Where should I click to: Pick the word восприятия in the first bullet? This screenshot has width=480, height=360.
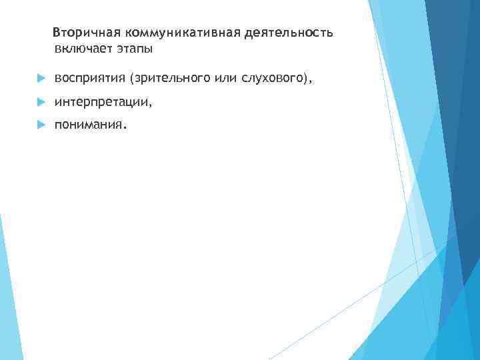point(91,79)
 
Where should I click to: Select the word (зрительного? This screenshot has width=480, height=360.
point(171,79)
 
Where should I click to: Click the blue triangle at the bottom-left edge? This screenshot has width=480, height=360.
point(8,313)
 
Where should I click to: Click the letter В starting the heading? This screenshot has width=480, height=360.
point(57,33)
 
